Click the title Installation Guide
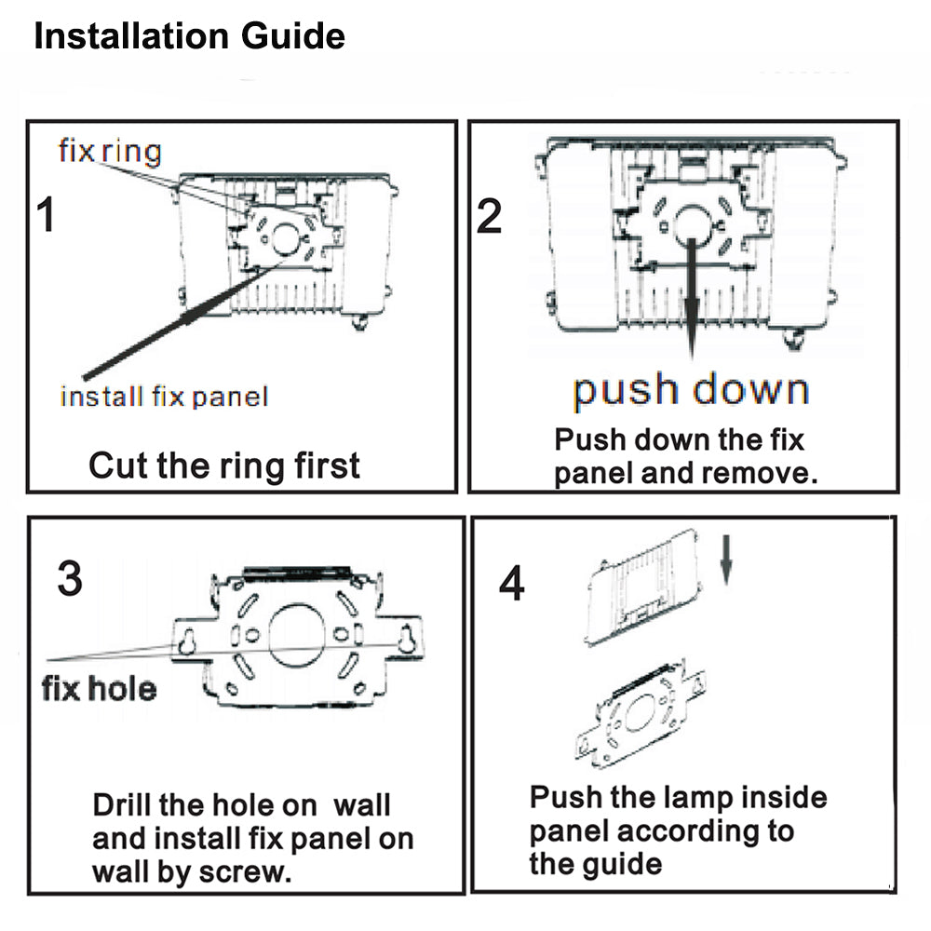(x=189, y=36)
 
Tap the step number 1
(x=46, y=214)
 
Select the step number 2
(x=490, y=216)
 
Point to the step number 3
(x=70, y=578)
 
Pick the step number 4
(x=512, y=583)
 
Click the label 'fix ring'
(x=110, y=151)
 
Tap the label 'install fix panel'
(x=165, y=397)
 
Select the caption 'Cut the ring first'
(x=223, y=465)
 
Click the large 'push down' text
(x=691, y=391)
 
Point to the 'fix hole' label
(x=100, y=689)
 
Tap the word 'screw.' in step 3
(x=245, y=871)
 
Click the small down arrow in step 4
(x=725, y=560)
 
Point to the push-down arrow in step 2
(x=692, y=298)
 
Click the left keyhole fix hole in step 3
(x=187, y=641)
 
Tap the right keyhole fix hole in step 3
(x=407, y=641)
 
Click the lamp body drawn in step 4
(x=643, y=587)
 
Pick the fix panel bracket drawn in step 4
(x=641, y=713)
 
